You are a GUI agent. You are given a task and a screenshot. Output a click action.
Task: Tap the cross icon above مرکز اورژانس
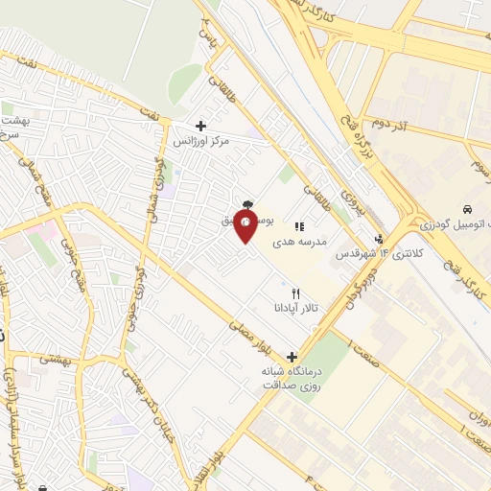[x=200, y=126]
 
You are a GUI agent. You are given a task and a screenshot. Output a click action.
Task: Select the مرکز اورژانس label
[x=201, y=141]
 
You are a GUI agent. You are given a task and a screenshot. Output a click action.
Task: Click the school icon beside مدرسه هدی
[x=299, y=227]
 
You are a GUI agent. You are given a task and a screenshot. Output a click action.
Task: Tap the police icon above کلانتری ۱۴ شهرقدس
[x=380, y=239]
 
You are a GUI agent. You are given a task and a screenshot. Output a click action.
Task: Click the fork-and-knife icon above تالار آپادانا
[x=295, y=292]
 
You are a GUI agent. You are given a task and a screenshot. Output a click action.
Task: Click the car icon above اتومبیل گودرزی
[x=466, y=208]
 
